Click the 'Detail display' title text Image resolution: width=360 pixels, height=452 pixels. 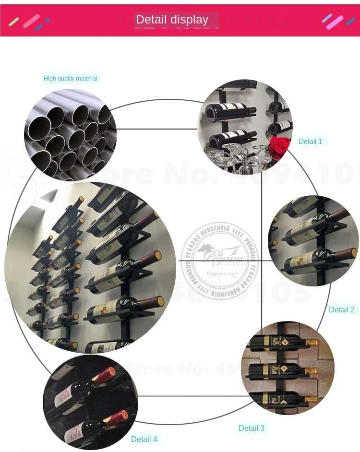172,20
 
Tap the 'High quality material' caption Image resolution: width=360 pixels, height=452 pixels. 71,79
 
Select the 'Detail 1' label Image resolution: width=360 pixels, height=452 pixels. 310,142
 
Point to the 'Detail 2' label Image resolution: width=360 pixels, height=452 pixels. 341,309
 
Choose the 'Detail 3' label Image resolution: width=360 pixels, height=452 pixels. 252,428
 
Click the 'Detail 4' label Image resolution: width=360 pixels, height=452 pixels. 144,439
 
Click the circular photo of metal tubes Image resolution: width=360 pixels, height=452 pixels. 70,134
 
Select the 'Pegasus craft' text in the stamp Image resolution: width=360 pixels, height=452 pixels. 219,274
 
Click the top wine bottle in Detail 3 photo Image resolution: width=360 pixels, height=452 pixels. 283,343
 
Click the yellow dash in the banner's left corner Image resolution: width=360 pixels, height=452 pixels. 14,22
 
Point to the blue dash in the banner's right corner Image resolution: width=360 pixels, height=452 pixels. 351,22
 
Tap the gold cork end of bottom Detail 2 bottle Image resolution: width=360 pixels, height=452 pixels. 353,252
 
